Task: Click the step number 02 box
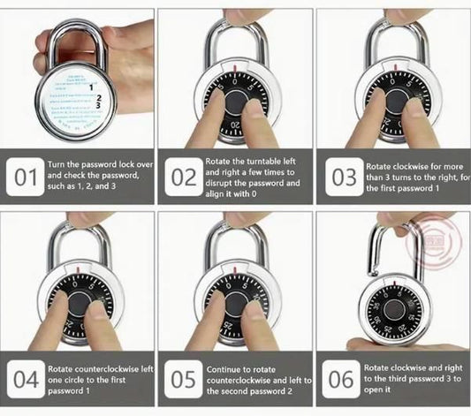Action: point(184,178)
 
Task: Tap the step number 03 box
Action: point(341,178)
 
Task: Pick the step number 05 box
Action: point(184,380)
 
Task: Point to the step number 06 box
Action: point(341,380)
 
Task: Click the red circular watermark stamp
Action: point(430,246)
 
